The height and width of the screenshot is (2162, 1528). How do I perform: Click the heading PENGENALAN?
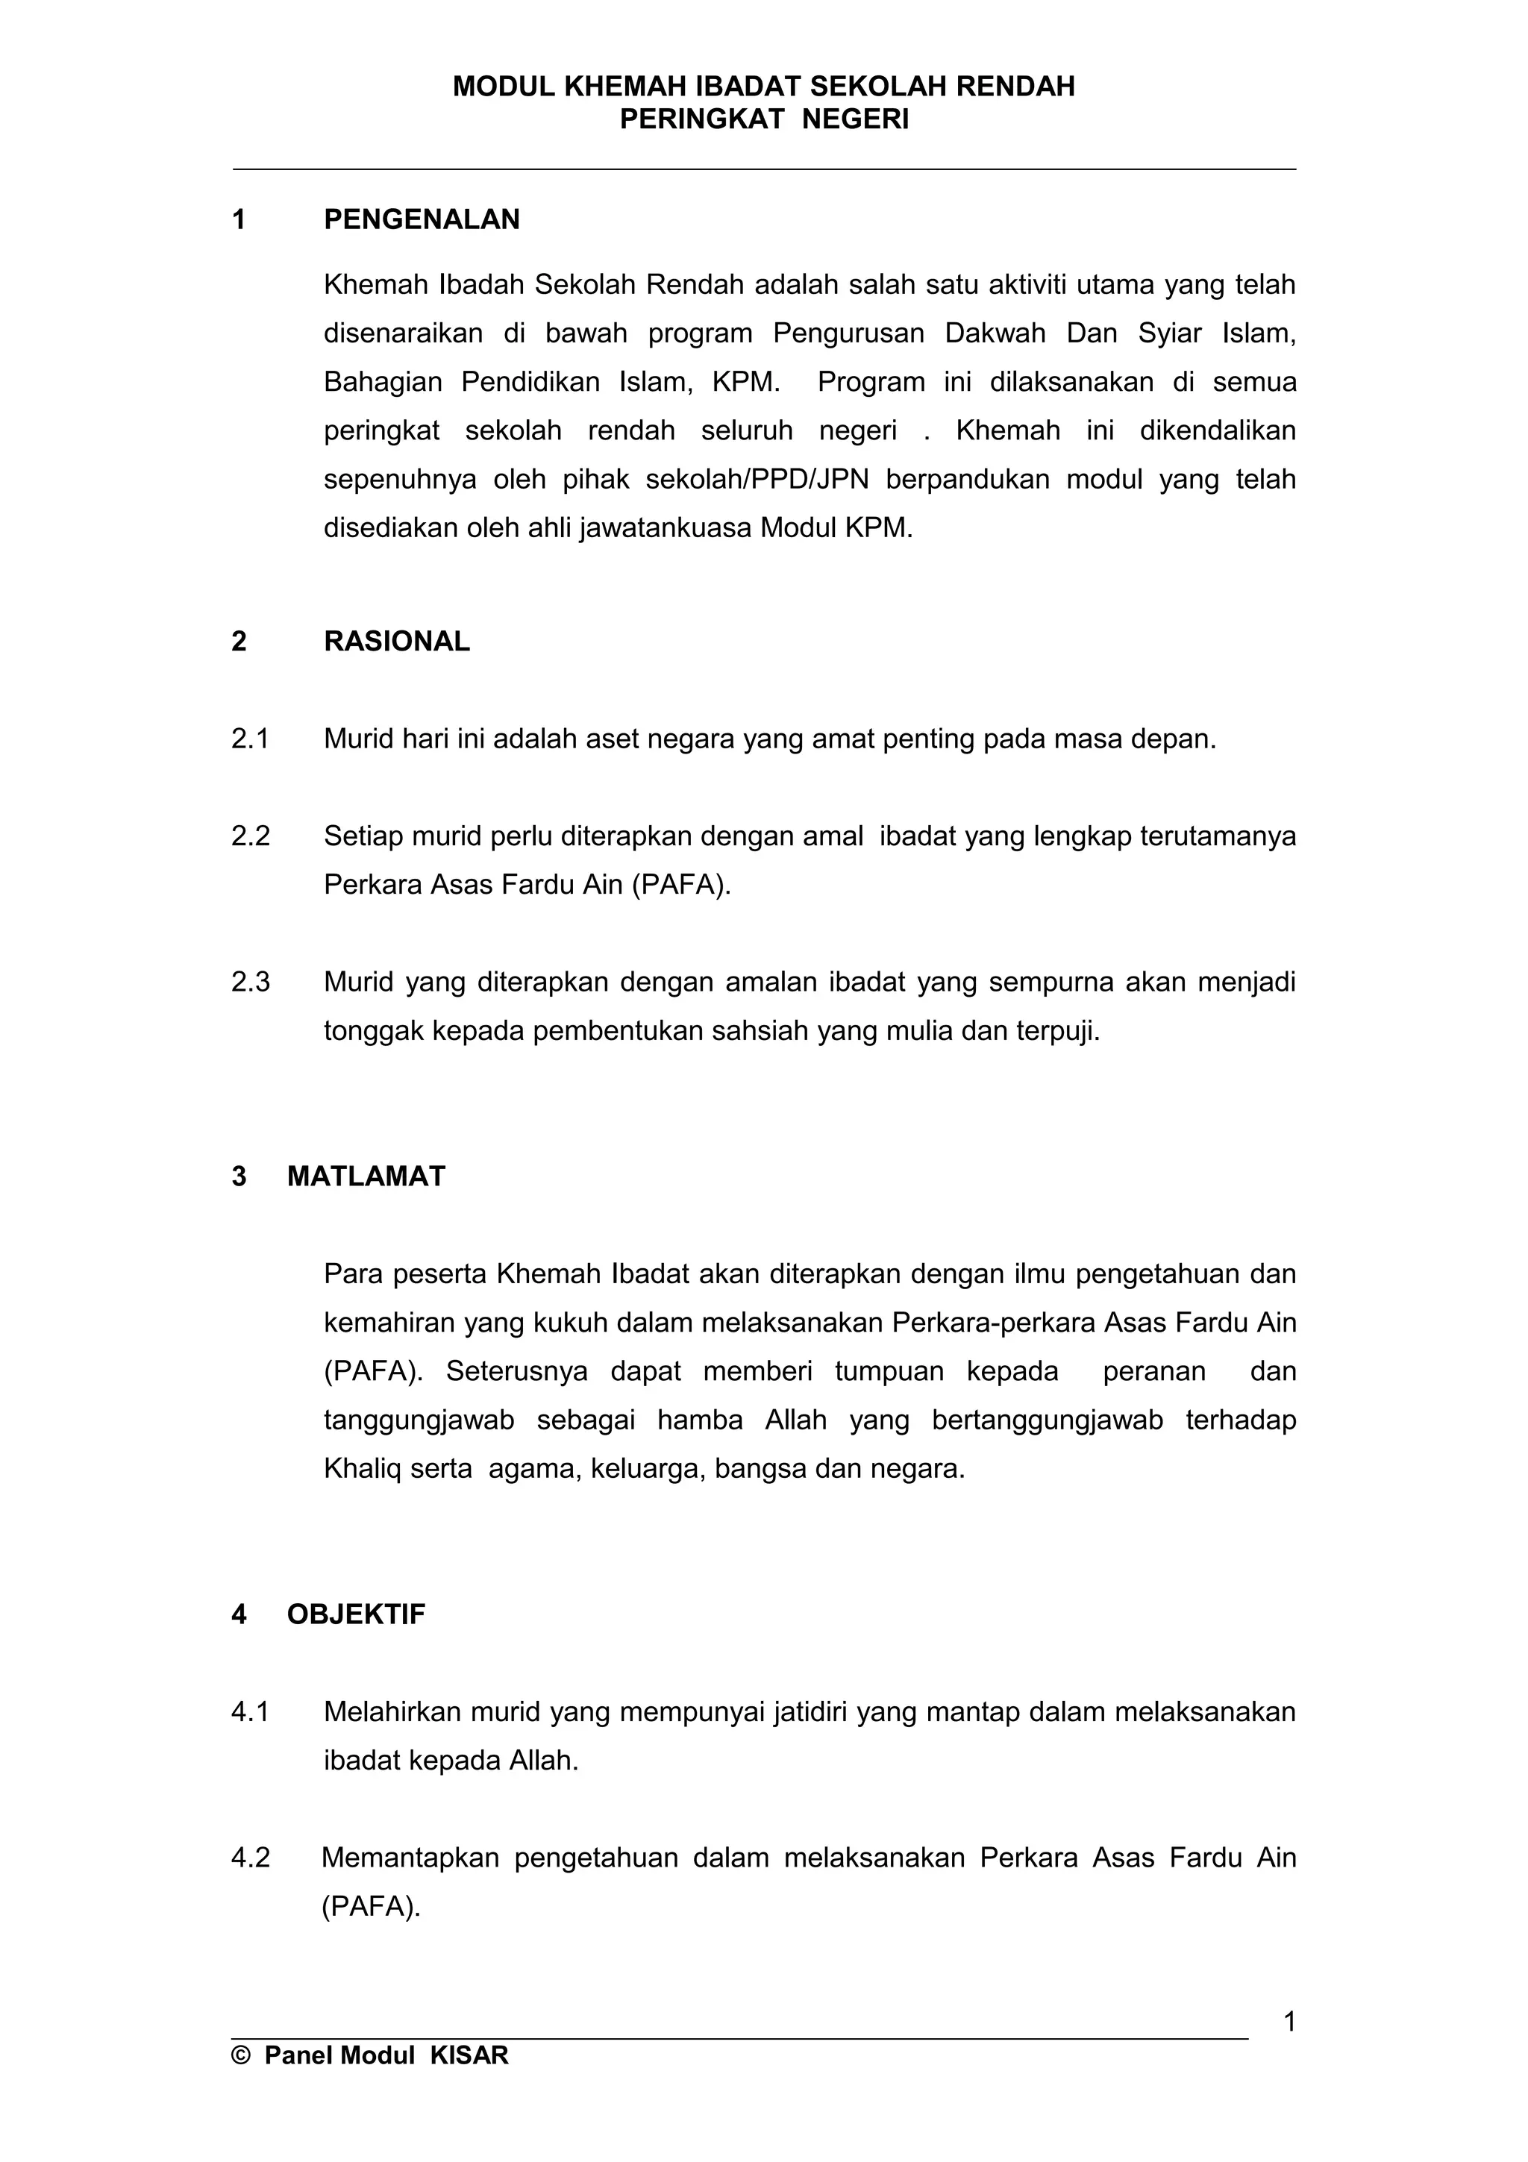coord(421,219)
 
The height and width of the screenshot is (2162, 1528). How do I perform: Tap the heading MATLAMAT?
coord(366,1176)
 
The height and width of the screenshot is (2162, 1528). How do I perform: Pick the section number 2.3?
coord(251,982)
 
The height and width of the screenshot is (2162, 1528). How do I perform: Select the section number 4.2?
coord(251,1857)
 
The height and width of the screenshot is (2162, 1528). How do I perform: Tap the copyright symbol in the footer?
coord(241,2055)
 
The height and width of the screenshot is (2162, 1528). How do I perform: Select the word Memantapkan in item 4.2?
coord(410,1857)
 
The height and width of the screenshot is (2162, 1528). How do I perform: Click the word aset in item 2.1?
coord(610,739)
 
